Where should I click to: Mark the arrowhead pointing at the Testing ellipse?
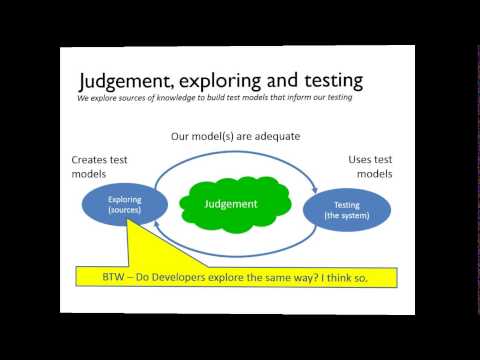(316, 186)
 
